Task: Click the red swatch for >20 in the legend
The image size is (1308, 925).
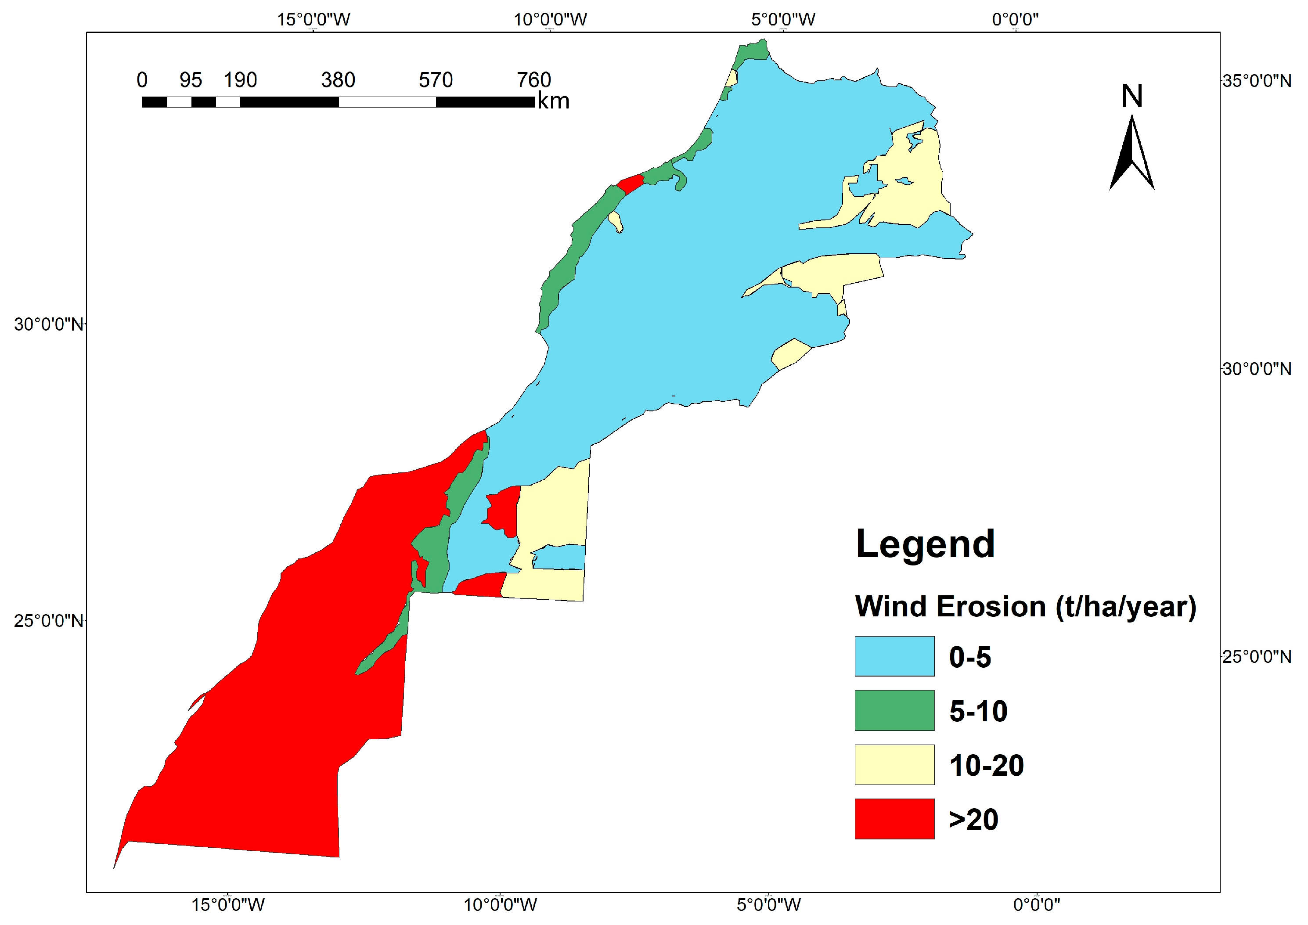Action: (894, 818)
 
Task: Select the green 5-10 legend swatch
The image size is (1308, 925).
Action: (894, 710)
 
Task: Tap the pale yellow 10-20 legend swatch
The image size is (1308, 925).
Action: (894, 764)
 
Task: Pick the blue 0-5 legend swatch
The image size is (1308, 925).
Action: (894, 656)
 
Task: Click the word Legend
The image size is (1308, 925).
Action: (925, 544)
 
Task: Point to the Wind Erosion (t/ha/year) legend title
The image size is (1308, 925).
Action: (1025, 607)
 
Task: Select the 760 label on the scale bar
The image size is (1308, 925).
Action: (534, 80)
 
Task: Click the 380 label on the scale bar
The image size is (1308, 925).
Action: (338, 80)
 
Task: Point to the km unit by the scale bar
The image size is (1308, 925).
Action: (553, 101)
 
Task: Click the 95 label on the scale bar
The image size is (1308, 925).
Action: (191, 80)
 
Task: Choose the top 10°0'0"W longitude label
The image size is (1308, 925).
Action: (550, 19)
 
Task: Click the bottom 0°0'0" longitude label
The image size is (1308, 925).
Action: (1036, 904)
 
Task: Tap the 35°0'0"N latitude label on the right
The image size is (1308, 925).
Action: (1256, 81)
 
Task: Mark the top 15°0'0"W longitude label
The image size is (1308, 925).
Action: (313, 19)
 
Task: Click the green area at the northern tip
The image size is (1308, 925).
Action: (752, 50)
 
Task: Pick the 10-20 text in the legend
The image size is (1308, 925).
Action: (986, 765)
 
